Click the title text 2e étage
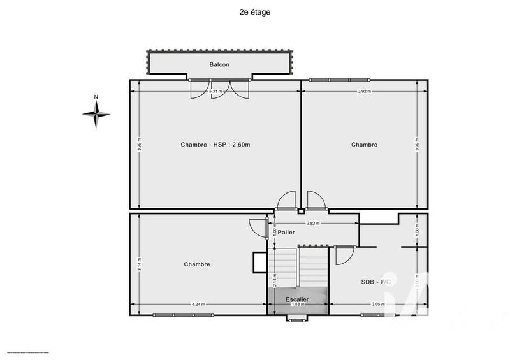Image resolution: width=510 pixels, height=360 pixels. (254, 11)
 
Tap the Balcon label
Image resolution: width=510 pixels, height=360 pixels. (219, 64)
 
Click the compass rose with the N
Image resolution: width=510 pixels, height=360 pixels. (96, 114)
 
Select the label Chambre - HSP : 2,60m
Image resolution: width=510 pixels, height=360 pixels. (215, 145)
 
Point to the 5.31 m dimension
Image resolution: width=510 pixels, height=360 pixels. (216, 92)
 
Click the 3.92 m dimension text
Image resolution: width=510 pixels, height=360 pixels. (364, 92)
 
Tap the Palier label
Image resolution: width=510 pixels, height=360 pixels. (286, 233)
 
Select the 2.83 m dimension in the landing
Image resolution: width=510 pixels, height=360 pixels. (313, 224)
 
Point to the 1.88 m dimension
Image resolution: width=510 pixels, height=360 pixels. (297, 305)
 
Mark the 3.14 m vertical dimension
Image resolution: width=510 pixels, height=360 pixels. (140, 264)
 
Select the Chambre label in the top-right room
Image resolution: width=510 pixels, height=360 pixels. (364, 145)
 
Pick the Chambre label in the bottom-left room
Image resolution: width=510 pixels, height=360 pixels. (197, 264)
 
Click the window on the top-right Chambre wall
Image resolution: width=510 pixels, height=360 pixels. (331, 80)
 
